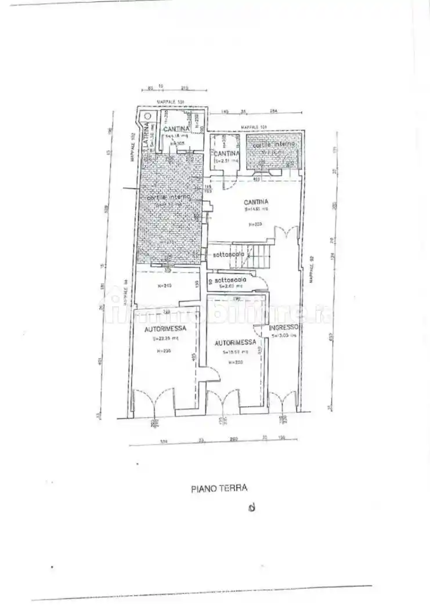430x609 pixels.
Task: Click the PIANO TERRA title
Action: (x=219, y=488)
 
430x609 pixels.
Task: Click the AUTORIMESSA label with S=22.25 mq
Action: (x=165, y=329)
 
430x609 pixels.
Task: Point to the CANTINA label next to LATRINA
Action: (x=175, y=129)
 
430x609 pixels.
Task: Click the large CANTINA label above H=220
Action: (x=256, y=201)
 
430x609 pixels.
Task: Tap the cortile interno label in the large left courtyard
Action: (x=165, y=198)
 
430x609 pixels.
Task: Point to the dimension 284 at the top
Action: (x=273, y=112)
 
